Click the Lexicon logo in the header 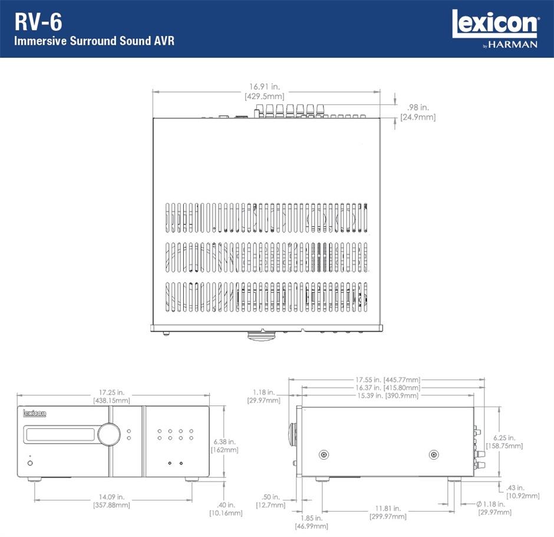point(494,25)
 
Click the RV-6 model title point(39,23)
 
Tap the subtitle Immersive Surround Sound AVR point(94,42)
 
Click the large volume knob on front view point(109,434)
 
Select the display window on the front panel point(59,434)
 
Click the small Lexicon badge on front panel point(35,414)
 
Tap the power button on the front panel point(30,463)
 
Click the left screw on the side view point(324,454)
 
